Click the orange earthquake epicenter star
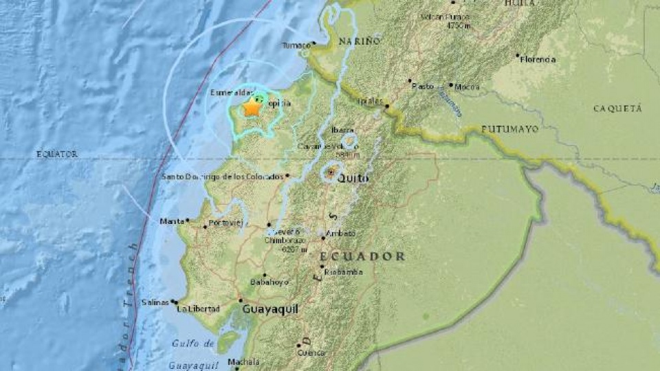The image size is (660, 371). tap(252, 108)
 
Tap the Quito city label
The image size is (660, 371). tap(353, 179)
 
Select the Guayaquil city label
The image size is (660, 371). tap(270, 310)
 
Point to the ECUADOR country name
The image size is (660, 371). tap(362, 256)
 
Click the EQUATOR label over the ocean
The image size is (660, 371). tap(57, 155)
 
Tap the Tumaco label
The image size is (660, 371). tap(296, 46)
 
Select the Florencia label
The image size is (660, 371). tap(538, 60)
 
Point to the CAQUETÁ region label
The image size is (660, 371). tap(617, 109)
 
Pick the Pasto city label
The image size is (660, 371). tap(423, 87)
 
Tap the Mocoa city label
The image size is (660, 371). tap(467, 87)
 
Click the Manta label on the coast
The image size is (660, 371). tap(172, 221)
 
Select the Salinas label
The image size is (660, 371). tap(154, 302)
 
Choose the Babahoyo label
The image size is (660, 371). tap(269, 282)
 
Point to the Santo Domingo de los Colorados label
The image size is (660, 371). tap(223, 177)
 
